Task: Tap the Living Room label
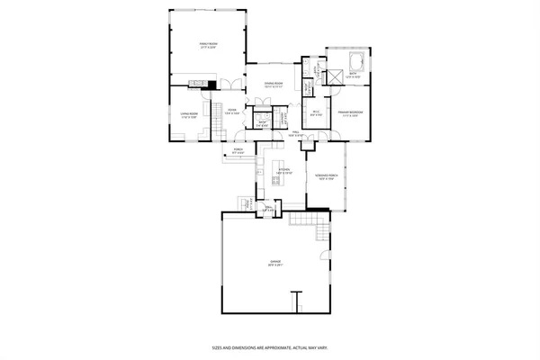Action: click(x=188, y=113)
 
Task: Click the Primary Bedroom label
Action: click(x=350, y=113)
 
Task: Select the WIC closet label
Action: click(x=317, y=113)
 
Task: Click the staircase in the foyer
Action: click(x=217, y=111)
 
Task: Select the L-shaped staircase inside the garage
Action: click(x=319, y=230)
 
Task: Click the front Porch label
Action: click(x=238, y=152)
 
